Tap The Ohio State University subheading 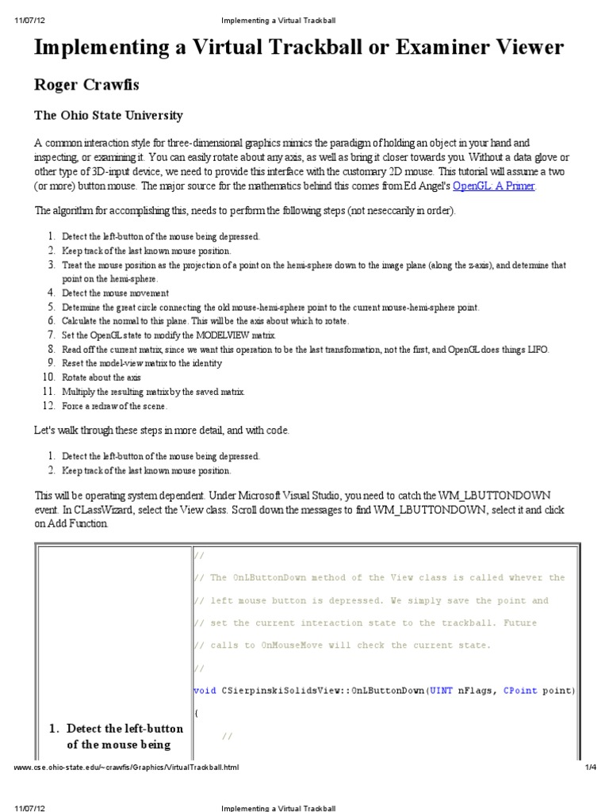pyautogui.click(x=108, y=116)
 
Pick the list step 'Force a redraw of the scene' pyautogui.click(x=114, y=406)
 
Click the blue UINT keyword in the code pyautogui.click(x=440, y=690)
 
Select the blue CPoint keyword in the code pyautogui.click(x=520, y=690)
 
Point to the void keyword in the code pyautogui.click(x=205, y=690)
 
